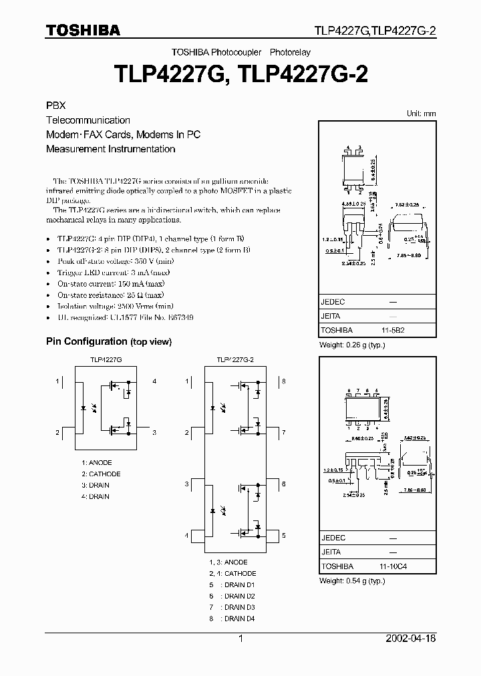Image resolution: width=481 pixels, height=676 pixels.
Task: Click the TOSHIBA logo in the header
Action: pos(83,30)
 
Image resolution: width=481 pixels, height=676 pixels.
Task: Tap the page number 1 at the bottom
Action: pos(240,639)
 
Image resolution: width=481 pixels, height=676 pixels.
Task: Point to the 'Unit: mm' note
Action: pos(421,114)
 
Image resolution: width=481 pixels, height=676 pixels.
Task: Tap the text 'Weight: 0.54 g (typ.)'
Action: pos(353,580)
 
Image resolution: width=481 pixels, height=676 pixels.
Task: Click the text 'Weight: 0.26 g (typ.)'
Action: pos(353,345)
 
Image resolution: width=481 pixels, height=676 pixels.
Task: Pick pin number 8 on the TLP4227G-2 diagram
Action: pos(283,381)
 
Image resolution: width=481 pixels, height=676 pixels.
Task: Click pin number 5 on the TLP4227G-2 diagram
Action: pos(283,535)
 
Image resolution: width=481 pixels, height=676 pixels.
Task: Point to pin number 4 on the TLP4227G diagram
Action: pos(154,381)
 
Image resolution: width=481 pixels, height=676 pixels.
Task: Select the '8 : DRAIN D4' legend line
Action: pos(231,619)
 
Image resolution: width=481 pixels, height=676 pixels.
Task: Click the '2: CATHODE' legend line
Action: pos(101,474)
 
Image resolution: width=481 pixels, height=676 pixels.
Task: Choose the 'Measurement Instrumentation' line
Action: pos(110,149)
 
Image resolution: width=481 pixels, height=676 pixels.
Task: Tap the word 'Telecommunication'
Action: pos(88,120)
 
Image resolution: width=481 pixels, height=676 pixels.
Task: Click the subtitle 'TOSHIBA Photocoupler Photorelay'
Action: pos(240,51)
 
